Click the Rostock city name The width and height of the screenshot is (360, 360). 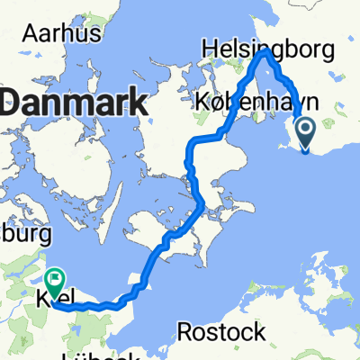point(221,332)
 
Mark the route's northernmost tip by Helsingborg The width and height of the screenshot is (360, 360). point(265,52)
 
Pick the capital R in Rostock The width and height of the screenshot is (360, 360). point(185,332)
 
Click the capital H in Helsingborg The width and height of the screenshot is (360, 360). point(211,46)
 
